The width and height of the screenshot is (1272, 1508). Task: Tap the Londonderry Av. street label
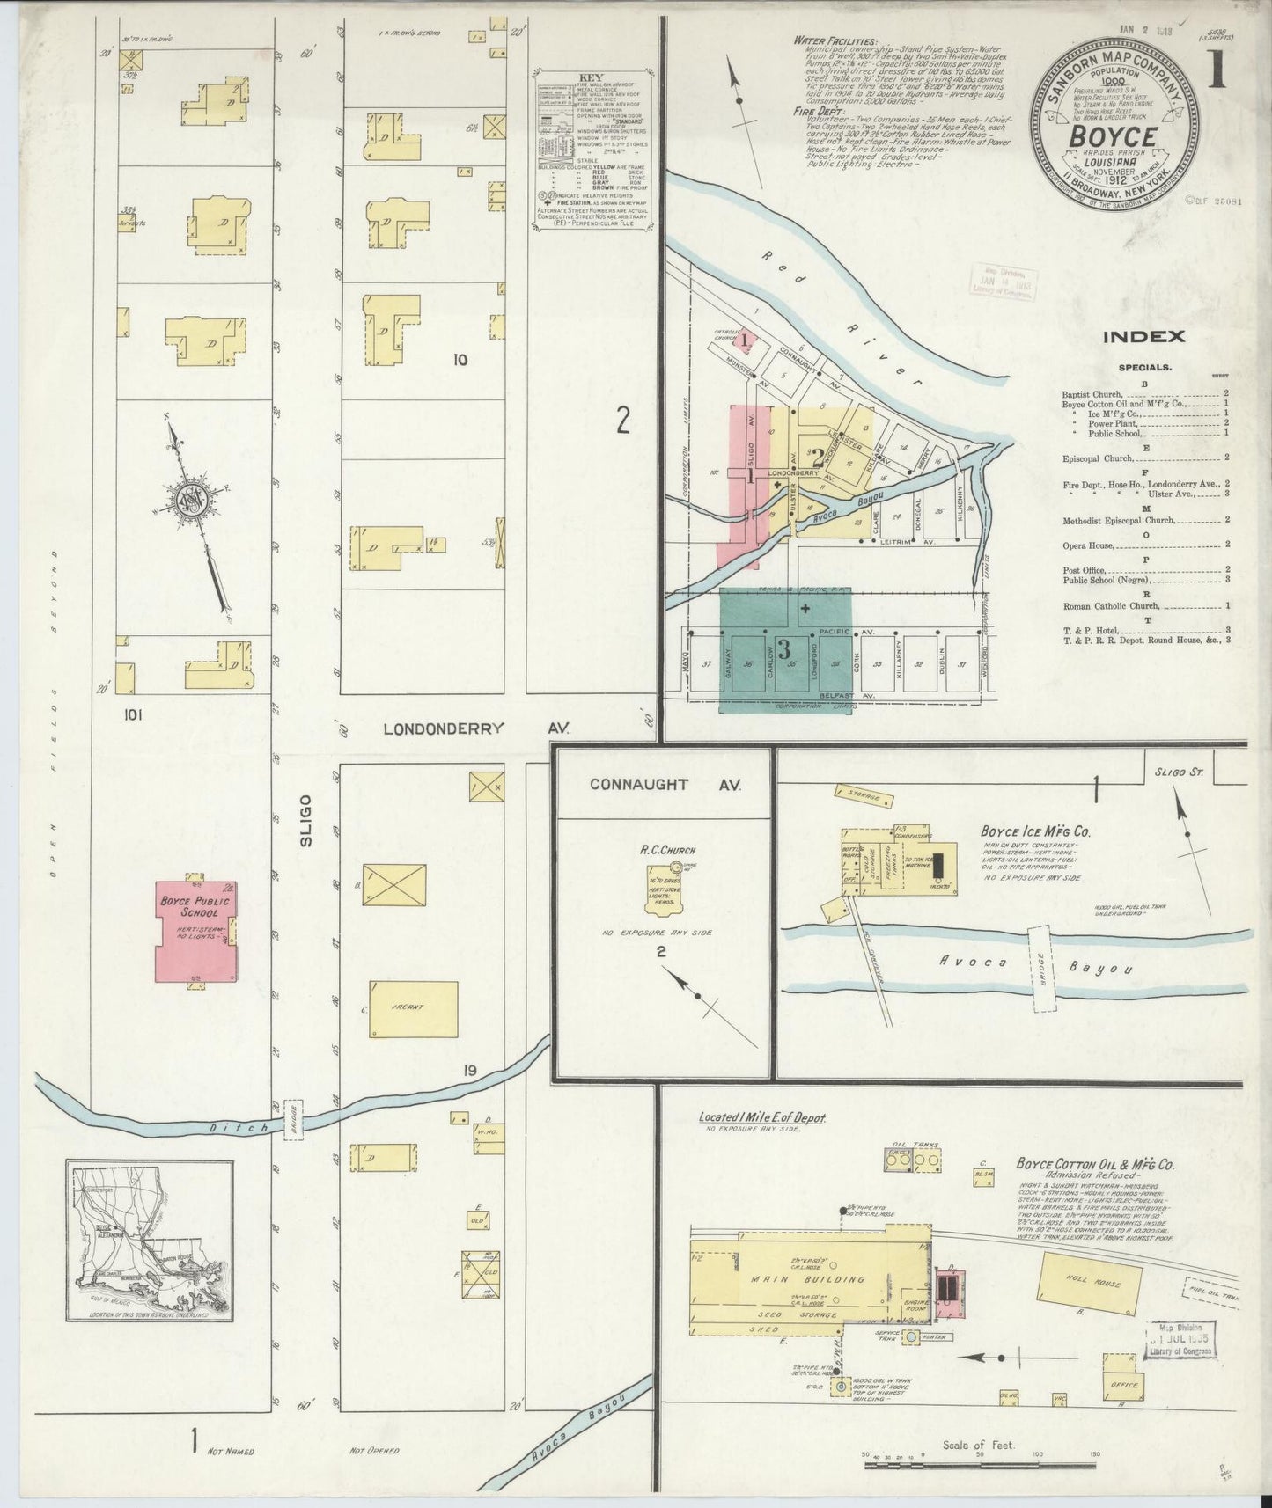(476, 728)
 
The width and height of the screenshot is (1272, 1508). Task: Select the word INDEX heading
(1143, 336)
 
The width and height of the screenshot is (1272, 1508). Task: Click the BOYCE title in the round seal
(1113, 137)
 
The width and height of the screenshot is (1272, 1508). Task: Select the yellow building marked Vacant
(414, 1008)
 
